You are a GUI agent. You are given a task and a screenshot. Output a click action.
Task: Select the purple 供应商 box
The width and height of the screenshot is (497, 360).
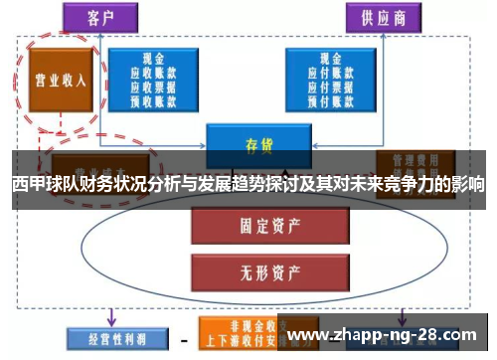tap(383, 17)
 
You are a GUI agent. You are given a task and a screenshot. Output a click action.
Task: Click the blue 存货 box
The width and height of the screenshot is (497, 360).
tap(258, 144)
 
